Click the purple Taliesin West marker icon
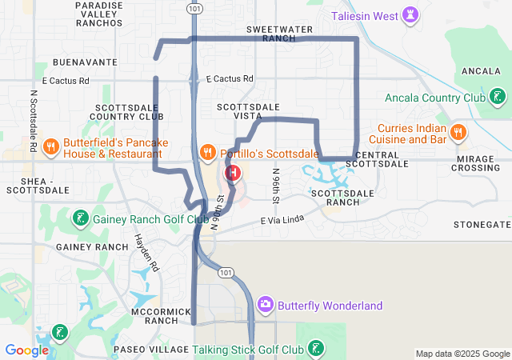(x=410, y=16)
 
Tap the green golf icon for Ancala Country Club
(x=498, y=98)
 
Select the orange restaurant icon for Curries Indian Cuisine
(x=458, y=131)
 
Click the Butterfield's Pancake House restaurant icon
(x=50, y=146)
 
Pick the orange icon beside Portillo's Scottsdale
(x=207, y=152)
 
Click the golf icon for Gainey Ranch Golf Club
(x=81, y=218)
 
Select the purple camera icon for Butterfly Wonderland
(x=266, y=305)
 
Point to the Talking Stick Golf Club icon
(x=317, y=349)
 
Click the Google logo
(x=27, y=350)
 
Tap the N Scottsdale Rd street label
(x=34, y=121)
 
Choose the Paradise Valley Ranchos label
(x=99, y=14)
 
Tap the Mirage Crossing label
(x=478, y=163)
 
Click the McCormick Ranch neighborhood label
(x=162, y=315)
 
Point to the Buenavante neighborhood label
(x=85, y=62)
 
